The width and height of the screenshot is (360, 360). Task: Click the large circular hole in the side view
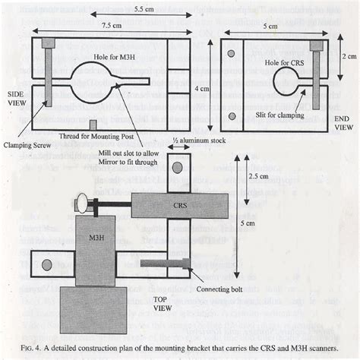click(x=101, y=85)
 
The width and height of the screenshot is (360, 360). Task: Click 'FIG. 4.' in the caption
click(x=35, y=338)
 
